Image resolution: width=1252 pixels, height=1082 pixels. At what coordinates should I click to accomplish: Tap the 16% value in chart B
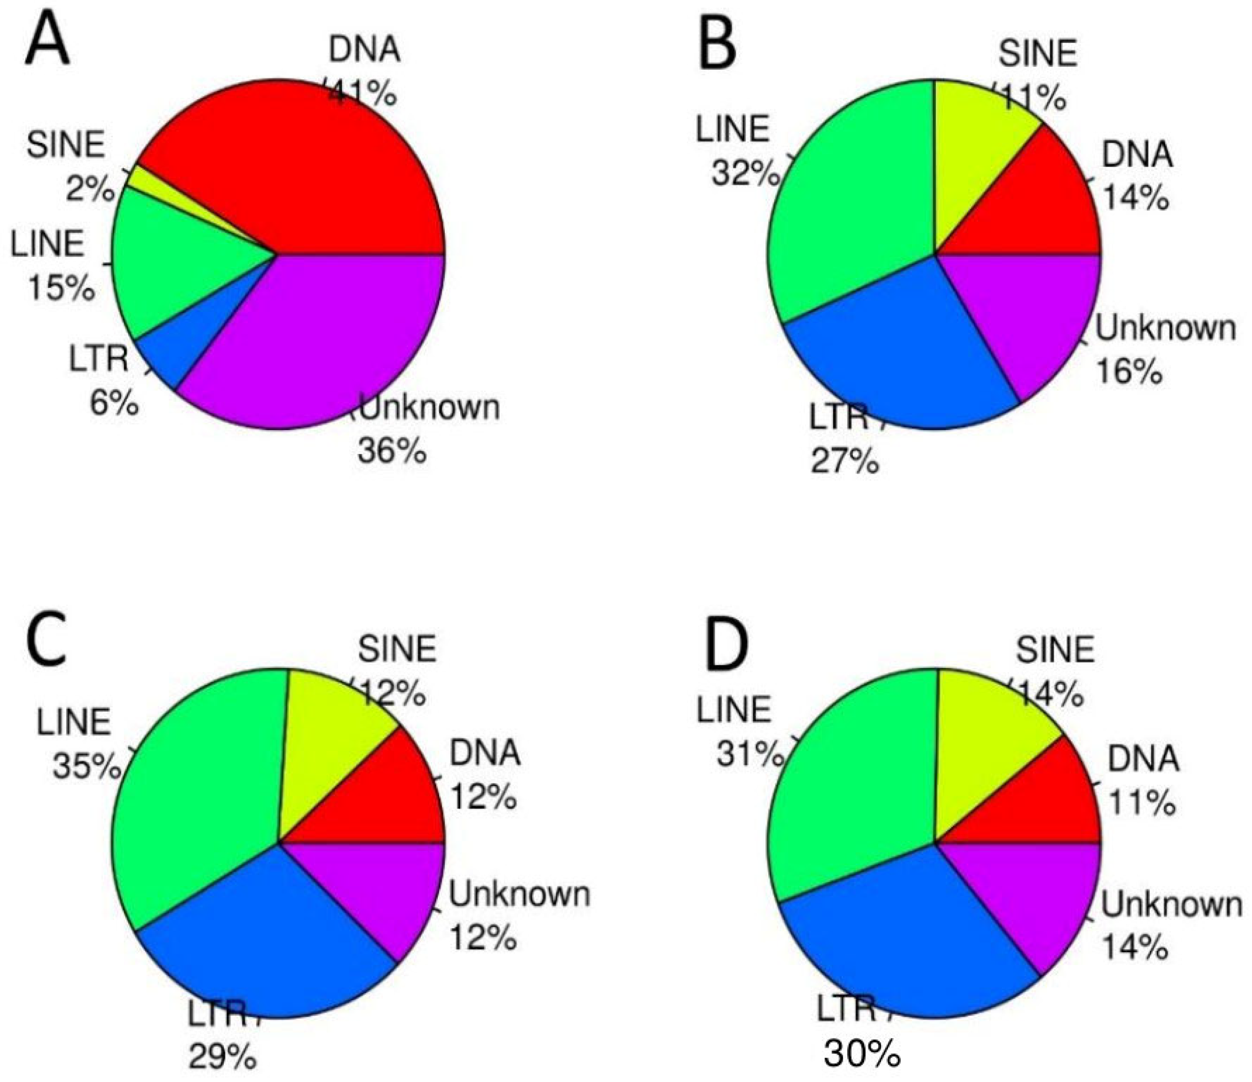1129,372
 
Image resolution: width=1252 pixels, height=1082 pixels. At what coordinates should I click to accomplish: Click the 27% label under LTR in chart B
844,461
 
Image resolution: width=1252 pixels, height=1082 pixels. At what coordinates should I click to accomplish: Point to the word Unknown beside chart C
519,894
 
